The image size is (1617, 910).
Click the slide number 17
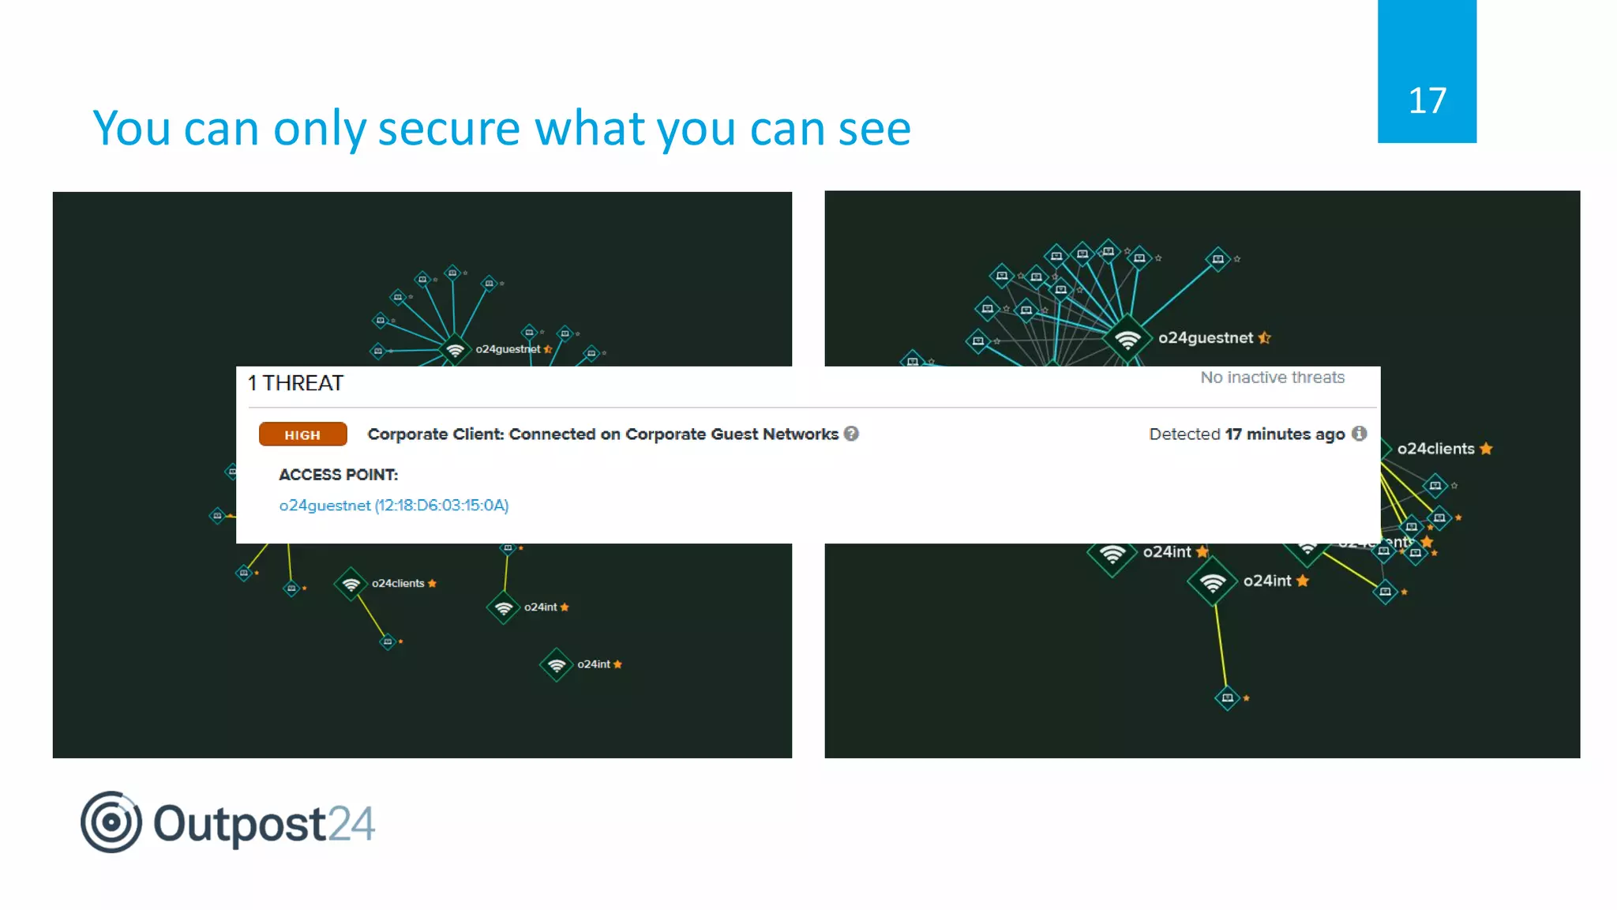pyautogui.click(x=1427, y=101)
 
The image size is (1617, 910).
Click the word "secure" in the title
pyautogui.click(x=448, y=128)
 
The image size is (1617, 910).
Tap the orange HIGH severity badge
pyautogui.click(x=302, y=434)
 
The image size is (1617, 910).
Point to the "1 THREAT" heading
pyautogui.click(x=295, y=383)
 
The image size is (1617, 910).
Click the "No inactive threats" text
pyautogui.click(x=1272, y=378)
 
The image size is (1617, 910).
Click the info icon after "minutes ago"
pyautogui.click(x=1359, y=433)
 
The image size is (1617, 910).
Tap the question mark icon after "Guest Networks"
pyautogui.click(x=851, y=433)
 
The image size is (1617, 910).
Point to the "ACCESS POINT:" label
pyautogui.click(x=338, y=475)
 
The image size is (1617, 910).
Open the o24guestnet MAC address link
pyautogui.click(x=393, y=506)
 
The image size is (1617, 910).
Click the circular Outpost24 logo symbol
pyautogui.click(x=111, y=822)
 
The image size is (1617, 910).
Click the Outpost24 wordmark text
pyautogui.click(x=264, y=824)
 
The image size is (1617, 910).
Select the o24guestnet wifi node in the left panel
pyautogui.click(x=455, y=348)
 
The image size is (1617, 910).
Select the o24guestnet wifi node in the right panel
pyautogui.click(x=1127, y=340)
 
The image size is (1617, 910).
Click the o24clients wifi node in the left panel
pyautogui.click(x=351, y=584)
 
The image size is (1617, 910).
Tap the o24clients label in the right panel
pyautogui.click(x=1435, y=449)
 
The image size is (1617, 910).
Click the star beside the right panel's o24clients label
pyautogui.click(x=1486, y=449)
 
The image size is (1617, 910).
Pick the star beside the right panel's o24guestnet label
pyautogui.click(x=1265, y=338)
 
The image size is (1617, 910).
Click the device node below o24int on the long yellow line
pyautogui.click(x=1227, y=698)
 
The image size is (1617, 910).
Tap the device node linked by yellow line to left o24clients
pyautogui.click(x=388, y=641)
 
